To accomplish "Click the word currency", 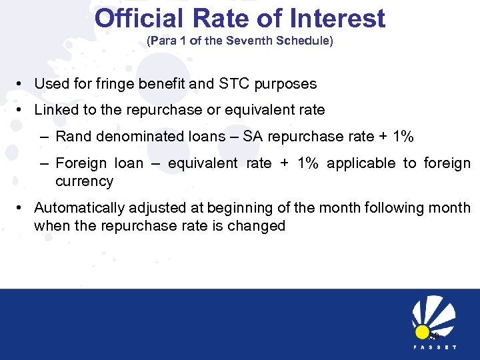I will pyautogui.click(x=84, y=181).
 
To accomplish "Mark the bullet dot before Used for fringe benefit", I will pyautogui.click(x=21, y=85).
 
